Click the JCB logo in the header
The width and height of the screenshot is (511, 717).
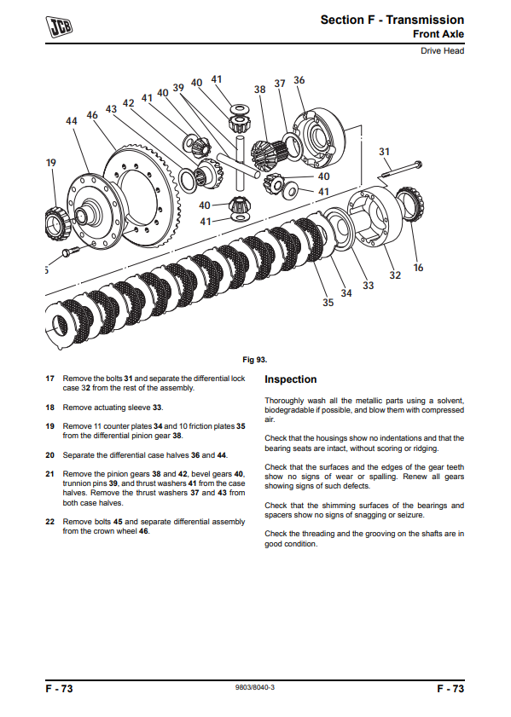coord(59,26)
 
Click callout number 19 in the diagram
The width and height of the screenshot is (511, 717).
coord(51,163)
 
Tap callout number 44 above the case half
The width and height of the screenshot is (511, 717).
coord(72,121)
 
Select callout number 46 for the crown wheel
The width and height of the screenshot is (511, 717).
coord(92,115)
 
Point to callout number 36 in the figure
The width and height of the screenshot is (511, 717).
coord(299,80)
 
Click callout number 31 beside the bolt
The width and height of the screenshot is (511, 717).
coord(384,152)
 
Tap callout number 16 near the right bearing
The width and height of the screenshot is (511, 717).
coord(418,268)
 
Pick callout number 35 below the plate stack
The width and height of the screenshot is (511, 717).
coord(328,303)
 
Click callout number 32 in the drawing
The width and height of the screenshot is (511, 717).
coord(395,275)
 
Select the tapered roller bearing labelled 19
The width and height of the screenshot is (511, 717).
coord(56,223)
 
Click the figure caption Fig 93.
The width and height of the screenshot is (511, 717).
coord(255,360)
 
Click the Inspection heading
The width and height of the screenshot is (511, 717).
coord(291,379)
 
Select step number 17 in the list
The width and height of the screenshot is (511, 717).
coord(49,379)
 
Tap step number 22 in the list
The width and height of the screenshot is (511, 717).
coord(49,522)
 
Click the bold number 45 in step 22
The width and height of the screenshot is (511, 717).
coord(118,522)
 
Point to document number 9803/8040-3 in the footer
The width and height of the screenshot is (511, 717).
coord(255,688)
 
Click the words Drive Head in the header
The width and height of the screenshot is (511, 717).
coord(443,51)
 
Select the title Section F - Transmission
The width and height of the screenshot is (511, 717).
coord(392,20)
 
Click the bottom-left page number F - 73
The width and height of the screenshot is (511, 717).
coord(59,689)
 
